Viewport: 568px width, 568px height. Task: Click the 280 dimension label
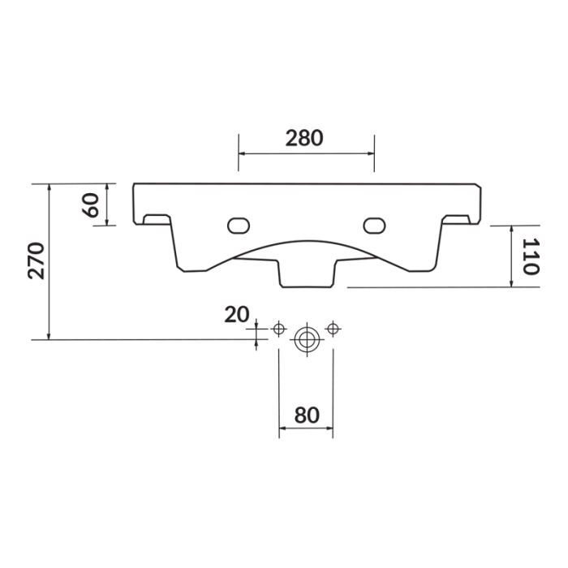[x=304, y=138]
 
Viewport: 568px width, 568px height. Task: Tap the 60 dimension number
[x=91, y=204]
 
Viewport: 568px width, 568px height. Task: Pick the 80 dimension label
[x=305, y=415]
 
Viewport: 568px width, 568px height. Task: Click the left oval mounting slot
[x=239, y=224]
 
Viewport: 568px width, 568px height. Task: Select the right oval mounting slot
[x=374, y=224]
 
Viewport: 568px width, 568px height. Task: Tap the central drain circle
[x=306, y=339]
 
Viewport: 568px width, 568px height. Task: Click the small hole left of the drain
[x=279, y=328]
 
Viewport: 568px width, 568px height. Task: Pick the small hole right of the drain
[x=332, y=328]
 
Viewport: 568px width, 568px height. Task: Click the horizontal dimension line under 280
[x=306, y=154]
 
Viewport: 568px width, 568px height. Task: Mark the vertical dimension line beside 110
[x=512, y=256]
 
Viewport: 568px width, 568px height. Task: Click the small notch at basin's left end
[x=153, y=219]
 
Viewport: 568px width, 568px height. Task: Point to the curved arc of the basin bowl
[x=306, y=241]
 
